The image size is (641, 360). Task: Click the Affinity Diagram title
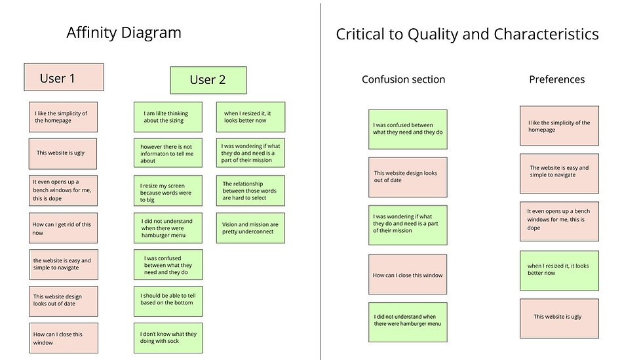pos(124,33)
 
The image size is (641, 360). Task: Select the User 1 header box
pos(64,77)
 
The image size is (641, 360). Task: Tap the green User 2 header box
pos(208,80)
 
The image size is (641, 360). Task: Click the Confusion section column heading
pos(404,79)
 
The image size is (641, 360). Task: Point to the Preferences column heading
pos(557,79)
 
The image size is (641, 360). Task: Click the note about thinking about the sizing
pos(168,117)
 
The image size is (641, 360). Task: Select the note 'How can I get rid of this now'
pos(63,228)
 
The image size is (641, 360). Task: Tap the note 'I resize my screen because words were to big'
pos(168,191)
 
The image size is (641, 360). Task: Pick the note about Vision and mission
pos(250,228)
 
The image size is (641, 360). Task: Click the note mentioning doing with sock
pos(168,338)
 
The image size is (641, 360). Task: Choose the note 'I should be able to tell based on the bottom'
pos(168,302)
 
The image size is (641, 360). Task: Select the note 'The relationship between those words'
pos(250,191)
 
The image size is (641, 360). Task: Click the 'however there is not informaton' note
pos(168,153)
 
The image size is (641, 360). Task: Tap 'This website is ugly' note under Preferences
pos(559,319)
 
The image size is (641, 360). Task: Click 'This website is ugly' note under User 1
pos(63,154)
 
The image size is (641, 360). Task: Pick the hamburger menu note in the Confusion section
pos(408,323)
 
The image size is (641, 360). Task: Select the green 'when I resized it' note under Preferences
pos(559,271)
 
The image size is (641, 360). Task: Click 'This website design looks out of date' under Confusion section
pos(408,177)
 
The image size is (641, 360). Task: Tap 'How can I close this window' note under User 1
pos(64,338)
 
